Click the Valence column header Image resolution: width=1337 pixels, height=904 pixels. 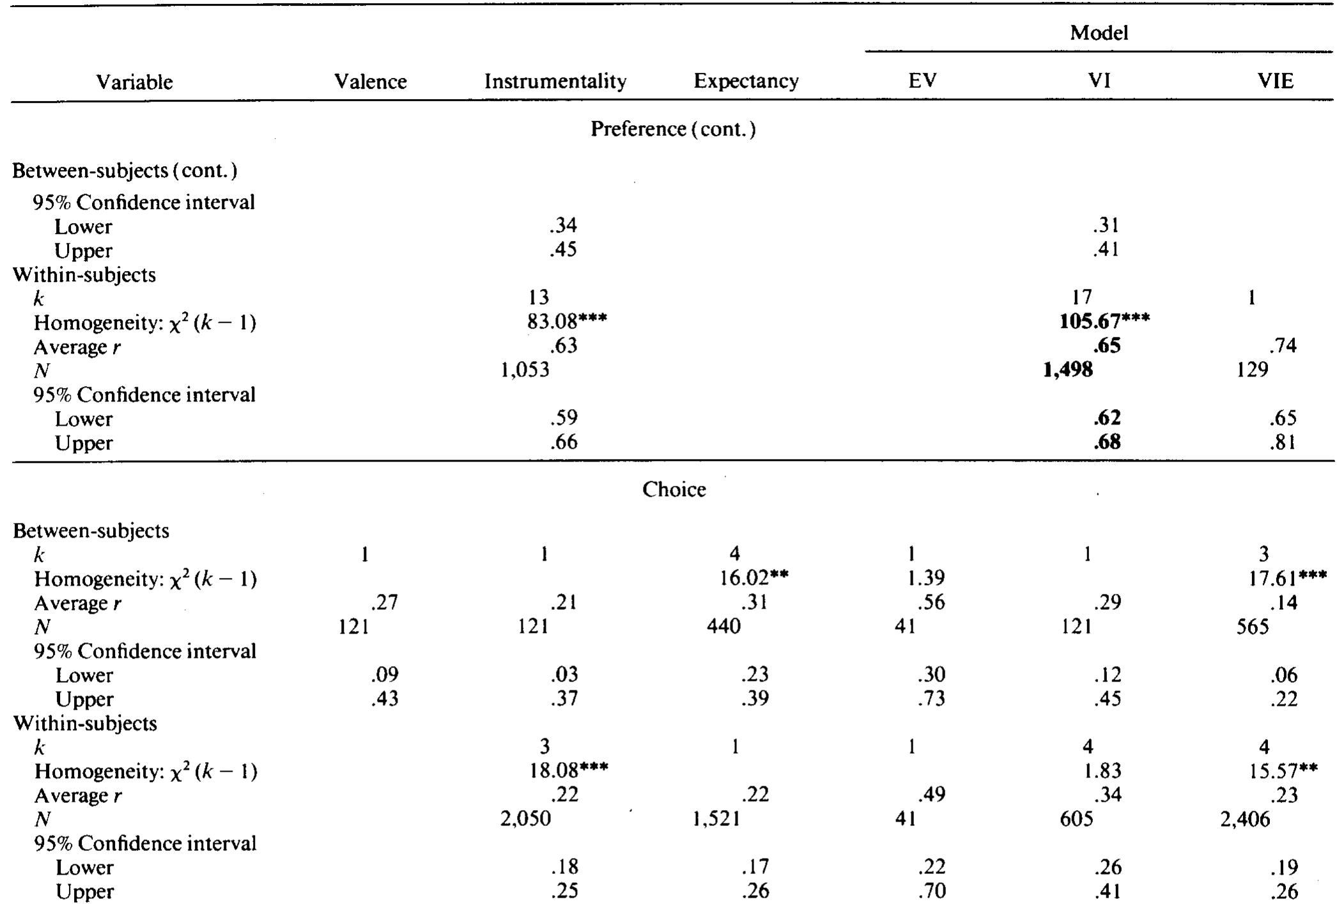click(x=370, y=81)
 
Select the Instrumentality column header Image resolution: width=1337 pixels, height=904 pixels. click(x=555, y=81)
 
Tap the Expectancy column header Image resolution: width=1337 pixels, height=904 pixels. click(x=746, y=81)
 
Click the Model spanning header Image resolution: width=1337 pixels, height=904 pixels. click(x=1099, y=33)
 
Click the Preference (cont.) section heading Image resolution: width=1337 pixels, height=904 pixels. click(x=673, y=129)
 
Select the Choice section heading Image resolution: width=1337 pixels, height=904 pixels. click(x=674, y=489)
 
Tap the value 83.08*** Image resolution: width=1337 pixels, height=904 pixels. click(x=567, y=321)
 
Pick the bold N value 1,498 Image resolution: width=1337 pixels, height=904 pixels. click(x=1067, y=370)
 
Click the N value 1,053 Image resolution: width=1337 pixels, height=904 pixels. click(x=525, y=370)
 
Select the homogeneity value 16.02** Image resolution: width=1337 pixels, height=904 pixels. click(x=754, y=578)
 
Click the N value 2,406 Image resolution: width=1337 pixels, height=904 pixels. click(x=1244, y=819)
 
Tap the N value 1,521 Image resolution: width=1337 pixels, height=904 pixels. click(x=716, y=819)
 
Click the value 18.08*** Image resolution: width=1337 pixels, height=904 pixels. click(x=567, y=771)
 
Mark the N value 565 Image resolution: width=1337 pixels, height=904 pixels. click(x=1252, y=626)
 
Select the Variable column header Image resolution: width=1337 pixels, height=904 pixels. click(x=134, y=82)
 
